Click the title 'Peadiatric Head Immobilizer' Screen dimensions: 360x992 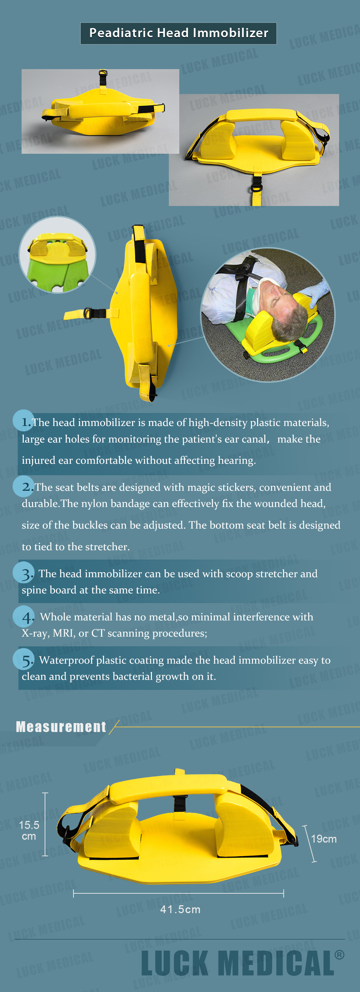[x=179, y=33]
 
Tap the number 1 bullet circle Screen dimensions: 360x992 [x=23, y=420]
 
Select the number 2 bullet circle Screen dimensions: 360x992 [x=23, y=486]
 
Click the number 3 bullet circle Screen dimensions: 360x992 [x=23, y=572]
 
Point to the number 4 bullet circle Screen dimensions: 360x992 [x=23, y=616]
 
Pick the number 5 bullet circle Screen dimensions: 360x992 [x=23, y=659]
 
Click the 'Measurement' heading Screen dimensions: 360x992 [x=61, y=727]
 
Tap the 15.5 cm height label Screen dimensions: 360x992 [x=29, y=830]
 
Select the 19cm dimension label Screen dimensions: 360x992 [x=323, y=839]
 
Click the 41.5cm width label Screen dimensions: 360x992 [x=180, y=909]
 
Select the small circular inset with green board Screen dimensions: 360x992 [x=57, y=255]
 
